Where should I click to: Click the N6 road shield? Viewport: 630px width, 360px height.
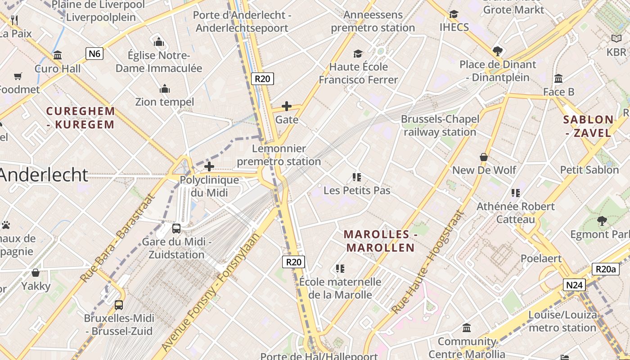pos(94,54)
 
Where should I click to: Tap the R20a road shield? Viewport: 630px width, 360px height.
pos(605,269)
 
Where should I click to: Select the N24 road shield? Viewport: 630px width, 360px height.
pos(574,285)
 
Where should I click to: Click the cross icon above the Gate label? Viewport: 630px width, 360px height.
pos(287,106)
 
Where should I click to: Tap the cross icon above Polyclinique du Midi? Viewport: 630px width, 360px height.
pos(209,167)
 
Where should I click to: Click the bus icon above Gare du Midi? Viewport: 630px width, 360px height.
pos(176,228)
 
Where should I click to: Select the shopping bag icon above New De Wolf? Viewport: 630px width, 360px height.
pos(484,157)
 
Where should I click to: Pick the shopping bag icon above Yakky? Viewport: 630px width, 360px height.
pos(36,273)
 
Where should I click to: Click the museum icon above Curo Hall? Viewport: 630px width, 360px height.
pos(58,55)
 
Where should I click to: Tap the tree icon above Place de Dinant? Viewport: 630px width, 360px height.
pos(497,51)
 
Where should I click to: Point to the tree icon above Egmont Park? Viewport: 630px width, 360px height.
pos(602,221)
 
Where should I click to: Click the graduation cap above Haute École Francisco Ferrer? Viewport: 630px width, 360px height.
pos(358,54)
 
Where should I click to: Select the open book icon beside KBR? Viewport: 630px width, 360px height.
pos(616,39)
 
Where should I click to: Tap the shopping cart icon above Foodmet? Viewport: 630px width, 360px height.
pos(18,76)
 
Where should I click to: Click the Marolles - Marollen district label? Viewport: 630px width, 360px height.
pos(380,241)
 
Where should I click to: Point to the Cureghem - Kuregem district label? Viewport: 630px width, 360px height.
pos(81,118)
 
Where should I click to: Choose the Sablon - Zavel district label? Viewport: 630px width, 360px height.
pos(588,126)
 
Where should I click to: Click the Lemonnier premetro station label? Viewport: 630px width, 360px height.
pos(279,155)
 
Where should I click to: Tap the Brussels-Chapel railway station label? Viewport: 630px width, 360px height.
pos(440,126)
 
